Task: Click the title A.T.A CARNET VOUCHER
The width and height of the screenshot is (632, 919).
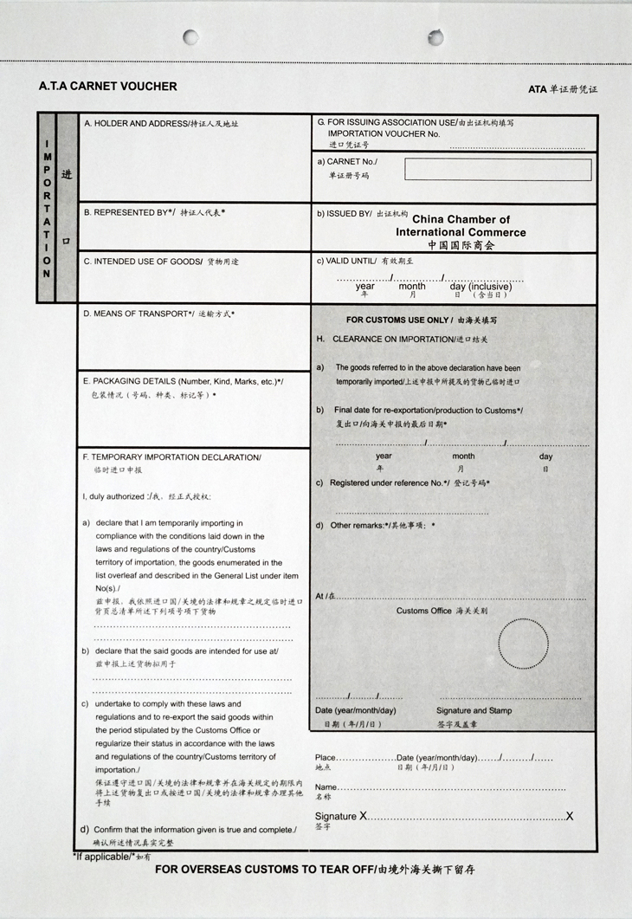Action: click(108, 87)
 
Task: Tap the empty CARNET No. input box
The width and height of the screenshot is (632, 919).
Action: click(498, 170)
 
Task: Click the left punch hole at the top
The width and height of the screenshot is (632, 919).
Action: click(190, 37)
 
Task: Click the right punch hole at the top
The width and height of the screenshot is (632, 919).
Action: click(435, 37)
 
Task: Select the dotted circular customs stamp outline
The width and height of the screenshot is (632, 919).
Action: click(523, 644)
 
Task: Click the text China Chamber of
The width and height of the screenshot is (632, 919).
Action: click(461, 220)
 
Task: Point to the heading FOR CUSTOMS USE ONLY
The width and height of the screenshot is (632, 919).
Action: click(399, 320)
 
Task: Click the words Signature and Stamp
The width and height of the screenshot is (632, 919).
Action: click(474, 711)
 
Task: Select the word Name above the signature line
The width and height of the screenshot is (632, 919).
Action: click(326, 787)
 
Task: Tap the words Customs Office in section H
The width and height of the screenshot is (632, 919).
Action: click(424, 612)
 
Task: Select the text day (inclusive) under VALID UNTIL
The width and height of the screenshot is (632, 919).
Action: click(480, 287)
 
